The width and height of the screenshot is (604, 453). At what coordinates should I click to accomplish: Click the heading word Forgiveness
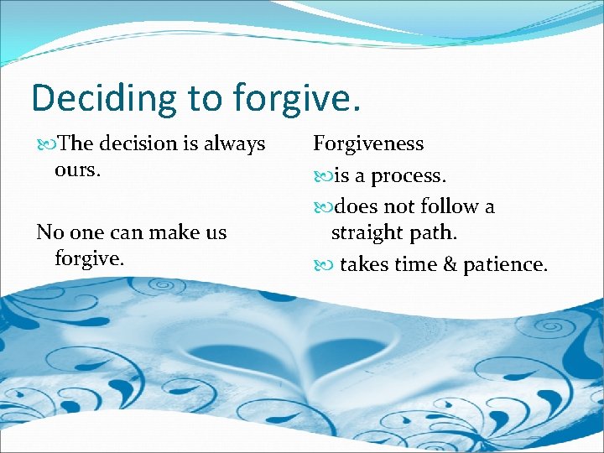(x=368, y=143)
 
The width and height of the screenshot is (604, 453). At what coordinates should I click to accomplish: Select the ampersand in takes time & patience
(x=450, y=265)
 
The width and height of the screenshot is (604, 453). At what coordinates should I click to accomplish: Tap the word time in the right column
(x=415, y=265)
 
